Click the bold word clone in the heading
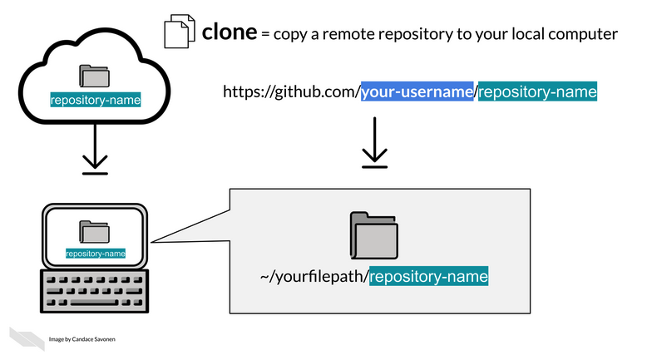coord(230,32)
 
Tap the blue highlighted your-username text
coord(417,91)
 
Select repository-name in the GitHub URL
coord(537,91)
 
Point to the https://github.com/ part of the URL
coord(291,91)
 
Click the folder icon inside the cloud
coord(95,76)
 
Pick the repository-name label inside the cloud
coord(95,101)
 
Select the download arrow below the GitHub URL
coord(374,143)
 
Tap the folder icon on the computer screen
coord(95,232)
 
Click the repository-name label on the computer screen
coord(95,254)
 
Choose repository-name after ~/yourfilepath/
coord(428,276)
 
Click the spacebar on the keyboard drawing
coord(94,302)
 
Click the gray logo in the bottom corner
coord(27,338)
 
